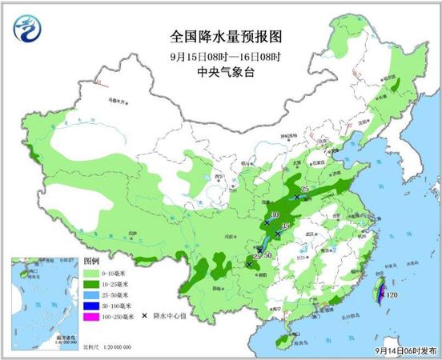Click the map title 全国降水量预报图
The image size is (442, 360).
pos(227,37)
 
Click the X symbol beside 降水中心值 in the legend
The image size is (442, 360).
pos(145,316)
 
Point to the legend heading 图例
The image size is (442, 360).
pos(90,262)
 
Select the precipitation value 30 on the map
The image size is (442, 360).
pos(274,216)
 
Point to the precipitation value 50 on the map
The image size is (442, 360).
pos(269,255)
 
